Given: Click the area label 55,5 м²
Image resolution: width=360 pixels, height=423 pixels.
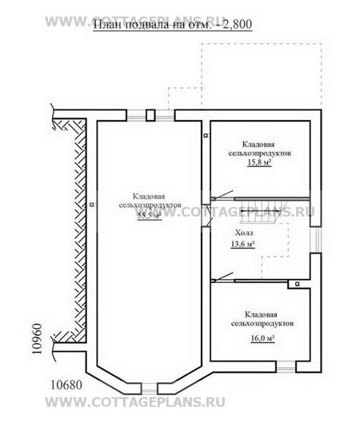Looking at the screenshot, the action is (150, 215).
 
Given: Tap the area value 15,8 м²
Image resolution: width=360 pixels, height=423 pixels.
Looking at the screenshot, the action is (259, 162).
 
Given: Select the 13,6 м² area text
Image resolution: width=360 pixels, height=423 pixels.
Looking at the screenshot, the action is (243, 244).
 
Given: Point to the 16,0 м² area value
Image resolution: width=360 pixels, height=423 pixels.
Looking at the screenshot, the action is (262, 338).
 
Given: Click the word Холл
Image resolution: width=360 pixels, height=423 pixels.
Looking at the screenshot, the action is (244, 233).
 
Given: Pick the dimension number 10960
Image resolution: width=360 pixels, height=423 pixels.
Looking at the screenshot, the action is (37, 338).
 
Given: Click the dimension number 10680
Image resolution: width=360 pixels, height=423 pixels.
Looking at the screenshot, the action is (66, 385).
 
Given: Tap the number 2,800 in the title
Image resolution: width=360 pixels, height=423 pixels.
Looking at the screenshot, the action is (237, 24).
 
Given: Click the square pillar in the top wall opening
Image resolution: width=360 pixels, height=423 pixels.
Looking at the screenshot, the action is (150, 115).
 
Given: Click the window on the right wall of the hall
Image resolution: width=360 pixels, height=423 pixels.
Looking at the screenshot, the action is (316, 240).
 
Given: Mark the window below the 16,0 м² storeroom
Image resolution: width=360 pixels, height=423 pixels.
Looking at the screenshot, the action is (286, 368).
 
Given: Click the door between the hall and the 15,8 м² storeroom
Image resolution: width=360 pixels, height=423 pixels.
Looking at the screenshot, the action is (222, 196).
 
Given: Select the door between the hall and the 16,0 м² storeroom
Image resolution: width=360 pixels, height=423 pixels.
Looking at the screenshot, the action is (222, 277).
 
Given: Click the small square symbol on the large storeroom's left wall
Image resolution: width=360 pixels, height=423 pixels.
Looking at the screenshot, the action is (92, 205).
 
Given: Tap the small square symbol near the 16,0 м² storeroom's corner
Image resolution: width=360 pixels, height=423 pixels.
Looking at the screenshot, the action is (297, 284).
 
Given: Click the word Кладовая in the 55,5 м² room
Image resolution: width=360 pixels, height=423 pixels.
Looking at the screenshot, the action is (149, 197).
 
